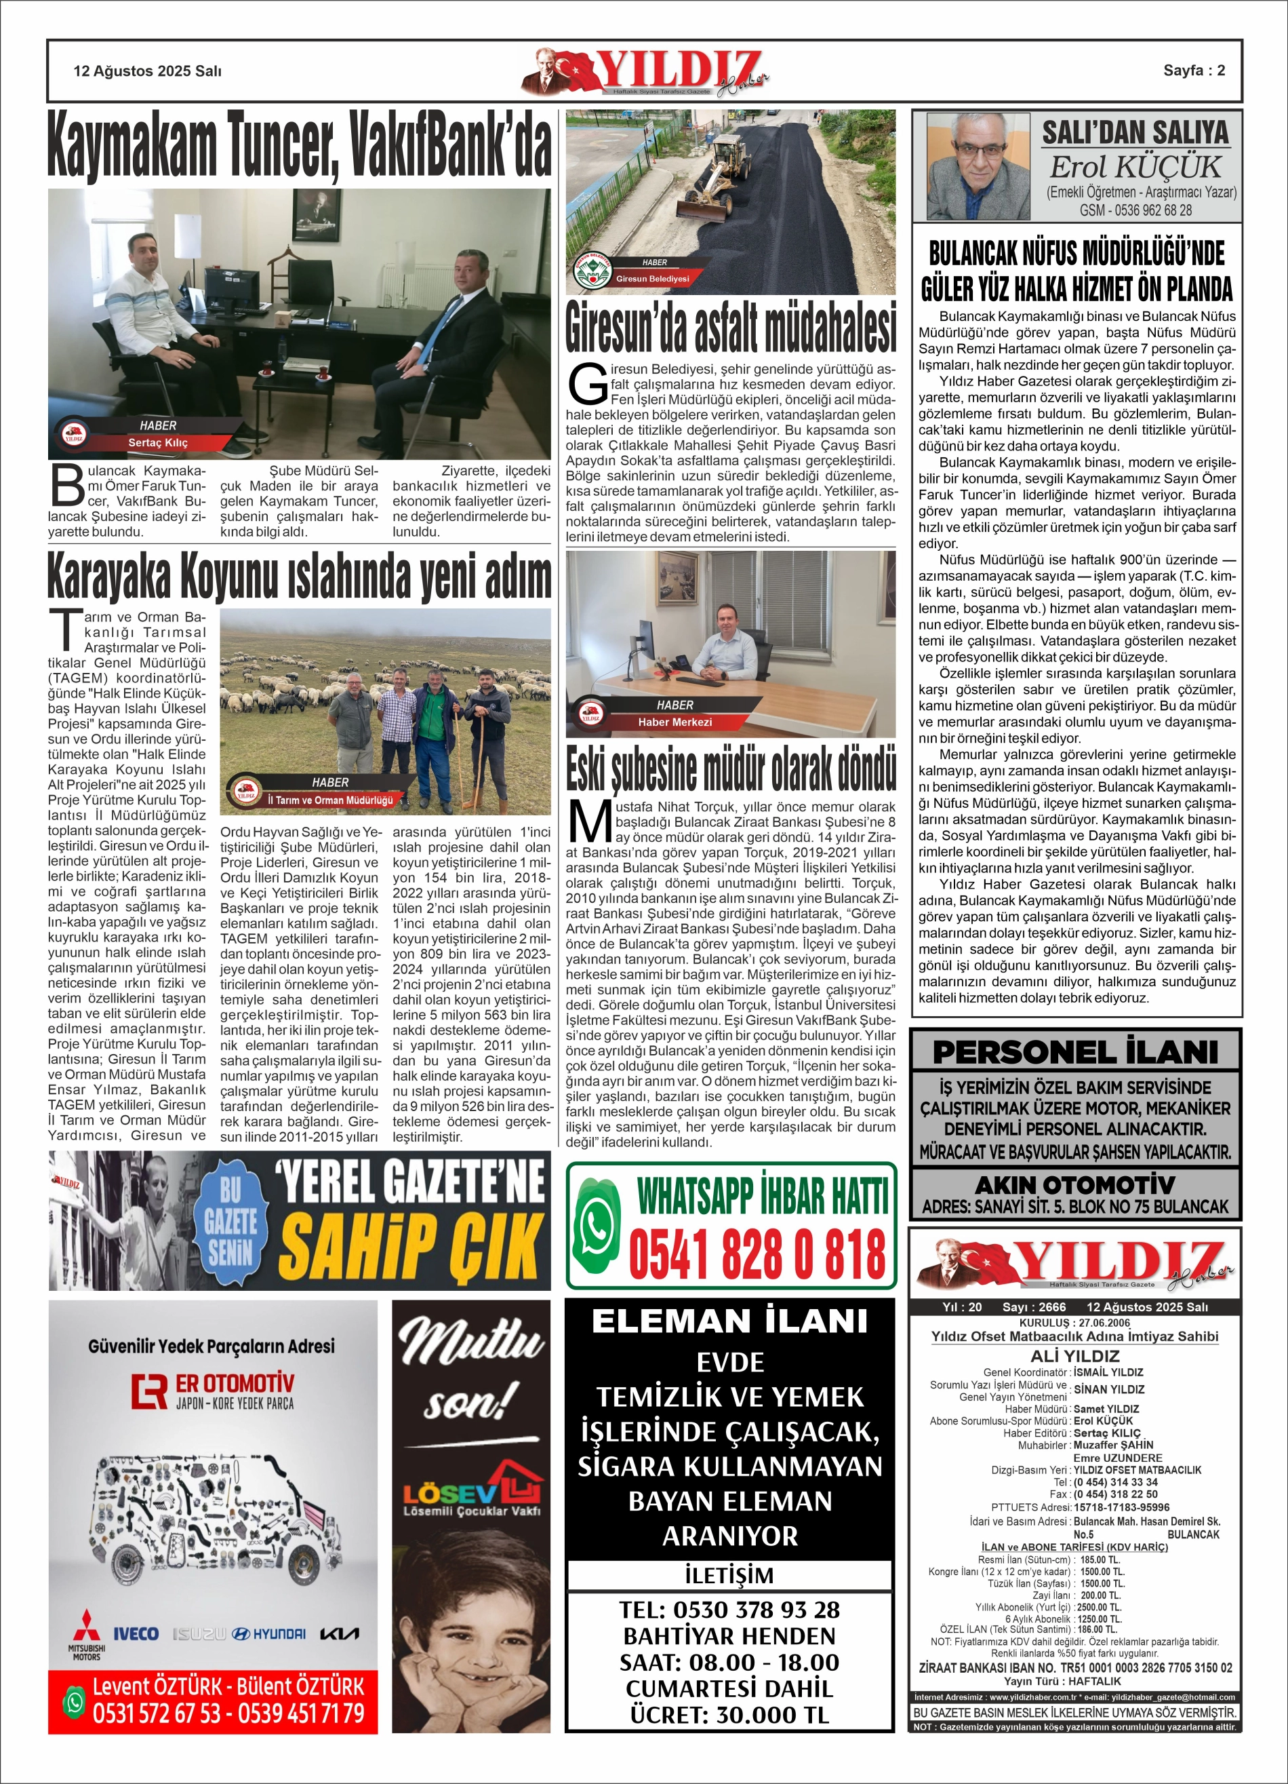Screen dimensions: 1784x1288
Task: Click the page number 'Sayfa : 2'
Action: point(1194,70)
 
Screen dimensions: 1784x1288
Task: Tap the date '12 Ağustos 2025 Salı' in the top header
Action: point(147,71)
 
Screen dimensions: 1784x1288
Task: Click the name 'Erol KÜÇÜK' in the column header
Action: point(1135,167)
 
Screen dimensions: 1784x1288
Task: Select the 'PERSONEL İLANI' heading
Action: point(1075,1051)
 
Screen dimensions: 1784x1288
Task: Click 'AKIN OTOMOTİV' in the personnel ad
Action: point(1075,1184)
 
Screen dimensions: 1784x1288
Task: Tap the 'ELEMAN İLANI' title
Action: point(729,1321)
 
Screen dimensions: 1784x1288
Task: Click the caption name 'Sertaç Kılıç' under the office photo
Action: point(158,443)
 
